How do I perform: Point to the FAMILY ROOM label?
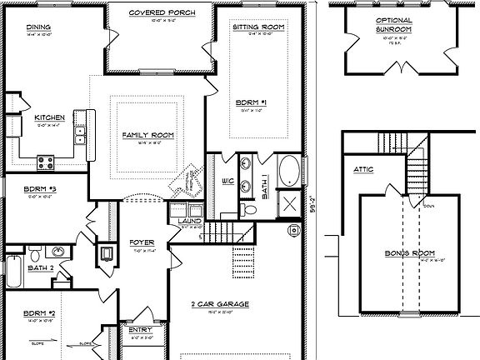pyautogui.click(x=147, y=135)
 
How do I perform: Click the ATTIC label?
pyautogui.click(x=363, y=169)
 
